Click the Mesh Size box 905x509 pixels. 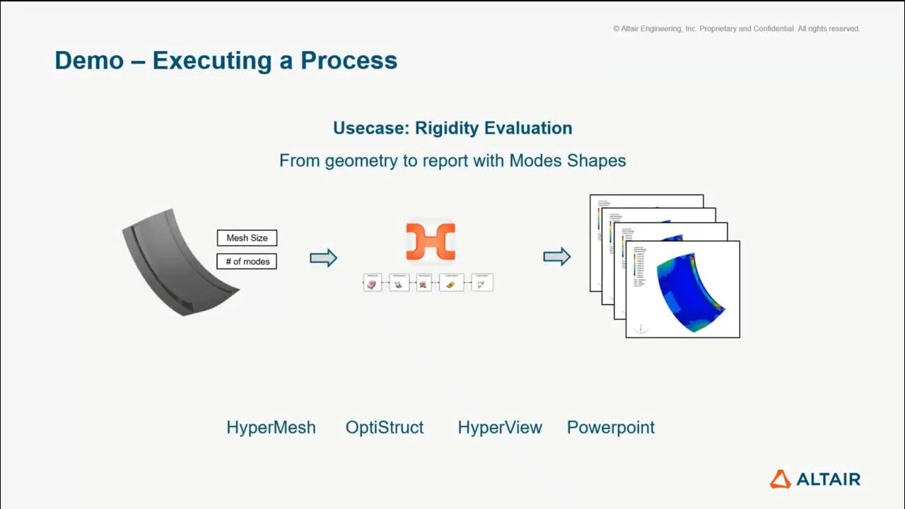pyautogui.click(x=247, y=238)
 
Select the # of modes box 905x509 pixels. pyautogui.click(x=247, y=262)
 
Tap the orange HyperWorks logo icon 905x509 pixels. pyautogui.click(x=430, y=242)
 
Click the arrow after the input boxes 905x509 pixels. pyautogui.click(x=323, y=258)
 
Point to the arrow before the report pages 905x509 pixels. pyautogui.click(x=556, y=257)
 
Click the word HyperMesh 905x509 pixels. pyautogui.click(x=271, y=428)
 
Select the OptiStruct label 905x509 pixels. pyautogui.click(x=385, y=428)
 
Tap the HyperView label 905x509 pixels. pyautogui.click(x=499, y=428)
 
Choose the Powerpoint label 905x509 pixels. pyautogui.click(x=611, y=428)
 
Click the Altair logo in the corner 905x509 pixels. pyautogui.click(x=814, y=479)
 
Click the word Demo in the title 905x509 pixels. pyautogui.click(x=88, y=60)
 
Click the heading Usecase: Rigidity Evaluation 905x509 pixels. pyautogui.click(x=452, y=128)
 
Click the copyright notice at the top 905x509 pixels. pyautogui.click(x=736, y=29)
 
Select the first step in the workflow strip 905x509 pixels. pyautogui.click(x=373, y=283)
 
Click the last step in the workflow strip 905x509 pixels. pyautogui.click(x=482, y=283)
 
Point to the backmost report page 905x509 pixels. pyautogui.click(x=647, y=200)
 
